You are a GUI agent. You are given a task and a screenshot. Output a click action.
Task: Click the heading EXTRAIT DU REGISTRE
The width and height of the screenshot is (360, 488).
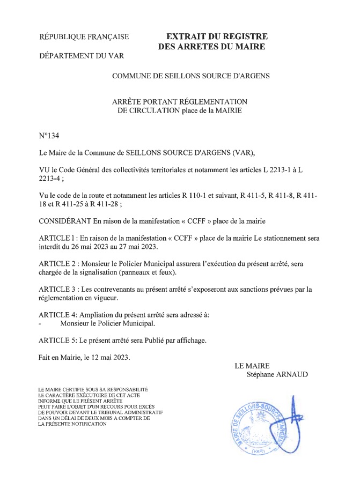(217, 36)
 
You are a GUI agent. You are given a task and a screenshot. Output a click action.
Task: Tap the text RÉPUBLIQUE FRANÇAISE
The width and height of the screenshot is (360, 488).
(84, 37)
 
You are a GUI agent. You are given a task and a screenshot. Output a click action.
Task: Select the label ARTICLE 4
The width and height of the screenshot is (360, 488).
(57, 315)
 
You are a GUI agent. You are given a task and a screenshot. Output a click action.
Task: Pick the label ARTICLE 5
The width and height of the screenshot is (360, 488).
(57, 340)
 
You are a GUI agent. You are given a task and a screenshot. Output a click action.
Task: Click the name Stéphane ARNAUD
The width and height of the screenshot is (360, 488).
(277, 374)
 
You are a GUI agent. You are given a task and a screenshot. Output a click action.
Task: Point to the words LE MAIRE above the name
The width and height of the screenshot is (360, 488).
(252, 366)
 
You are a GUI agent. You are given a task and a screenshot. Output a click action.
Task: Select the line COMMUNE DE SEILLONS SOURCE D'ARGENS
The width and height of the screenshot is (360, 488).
(190, 76)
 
